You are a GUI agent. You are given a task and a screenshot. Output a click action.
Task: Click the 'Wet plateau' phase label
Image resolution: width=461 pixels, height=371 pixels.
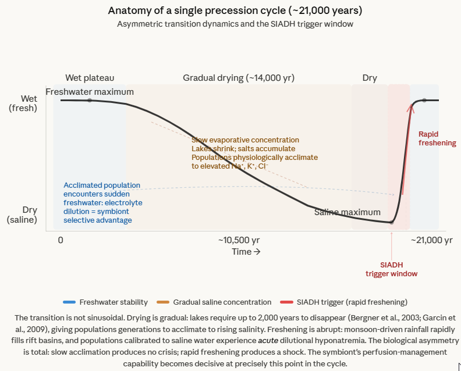click(90, 77)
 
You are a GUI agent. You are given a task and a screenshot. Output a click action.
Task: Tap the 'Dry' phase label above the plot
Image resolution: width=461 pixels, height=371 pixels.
click(370, 77)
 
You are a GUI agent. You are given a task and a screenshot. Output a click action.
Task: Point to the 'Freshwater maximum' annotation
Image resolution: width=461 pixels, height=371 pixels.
click(90, 92)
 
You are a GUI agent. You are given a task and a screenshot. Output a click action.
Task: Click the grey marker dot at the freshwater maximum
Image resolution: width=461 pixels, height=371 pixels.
click(89, 101)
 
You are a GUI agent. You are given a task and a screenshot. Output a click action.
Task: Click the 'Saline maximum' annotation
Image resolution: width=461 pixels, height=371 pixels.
click(347, 212)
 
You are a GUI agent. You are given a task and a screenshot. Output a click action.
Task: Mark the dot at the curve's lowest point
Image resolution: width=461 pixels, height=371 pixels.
click(392, 222)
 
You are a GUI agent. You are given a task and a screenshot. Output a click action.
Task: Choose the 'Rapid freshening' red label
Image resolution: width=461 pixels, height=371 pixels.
click(437, 138)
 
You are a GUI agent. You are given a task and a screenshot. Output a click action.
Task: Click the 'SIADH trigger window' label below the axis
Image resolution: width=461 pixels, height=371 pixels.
click(391, 269)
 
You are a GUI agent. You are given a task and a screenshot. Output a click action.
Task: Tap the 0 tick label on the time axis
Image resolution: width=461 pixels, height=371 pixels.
click(61, 240)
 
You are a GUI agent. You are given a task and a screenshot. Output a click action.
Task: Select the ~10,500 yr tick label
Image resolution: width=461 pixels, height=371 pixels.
click(239, 240)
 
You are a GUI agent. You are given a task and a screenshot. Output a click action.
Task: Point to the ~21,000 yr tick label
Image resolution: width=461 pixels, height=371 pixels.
click(431, 240)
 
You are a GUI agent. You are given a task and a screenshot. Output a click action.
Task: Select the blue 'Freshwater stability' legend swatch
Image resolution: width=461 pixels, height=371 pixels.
click(69, 302)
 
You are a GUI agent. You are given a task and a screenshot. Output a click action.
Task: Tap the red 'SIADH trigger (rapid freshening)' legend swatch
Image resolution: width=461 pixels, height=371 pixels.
click(288, 302)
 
